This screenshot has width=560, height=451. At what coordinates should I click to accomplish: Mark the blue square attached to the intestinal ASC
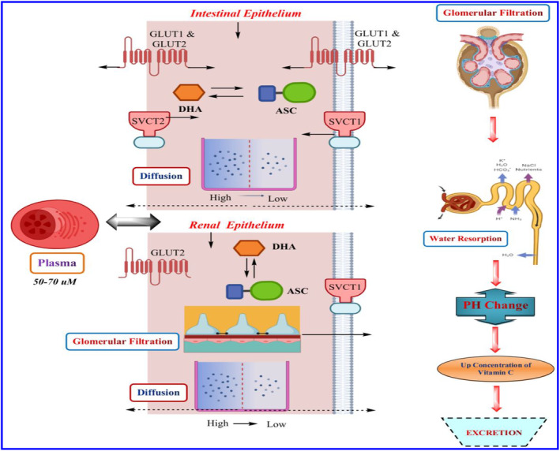[266, 94]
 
